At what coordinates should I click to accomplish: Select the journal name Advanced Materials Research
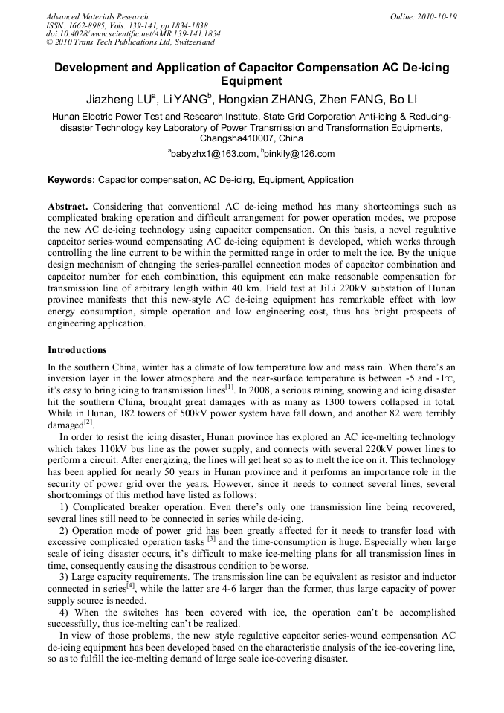(97, 16)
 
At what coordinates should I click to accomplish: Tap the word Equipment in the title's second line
(252, 81)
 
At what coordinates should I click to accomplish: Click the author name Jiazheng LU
(118, 99)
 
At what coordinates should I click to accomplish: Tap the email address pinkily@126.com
(300, 154)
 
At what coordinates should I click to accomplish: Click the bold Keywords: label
(71, 180)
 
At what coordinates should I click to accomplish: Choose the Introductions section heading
(77, 349)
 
